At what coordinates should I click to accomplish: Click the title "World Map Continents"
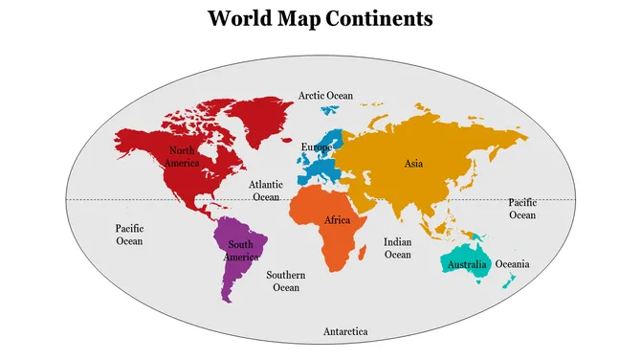tap(320, 18)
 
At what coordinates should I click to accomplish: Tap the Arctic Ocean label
tap(325, 96)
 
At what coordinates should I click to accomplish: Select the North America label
tap(182, 156)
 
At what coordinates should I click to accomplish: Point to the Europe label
tap(317, 146)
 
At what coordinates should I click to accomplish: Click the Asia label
tap(413, 164)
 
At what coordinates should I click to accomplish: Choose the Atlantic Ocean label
tap(266, 190)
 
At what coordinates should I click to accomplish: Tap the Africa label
tap(337, 220)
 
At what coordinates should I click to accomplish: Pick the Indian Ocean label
tap(397, 248)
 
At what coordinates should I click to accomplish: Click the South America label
tap(241, 251)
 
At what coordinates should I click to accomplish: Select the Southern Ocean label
tap(286, 281)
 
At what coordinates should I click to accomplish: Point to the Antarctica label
tap(344, 331)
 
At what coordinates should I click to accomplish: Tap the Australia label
tap(469, 264)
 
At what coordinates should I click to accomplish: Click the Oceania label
tap(512, 264)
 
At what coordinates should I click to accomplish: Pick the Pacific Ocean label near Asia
tap(522, 209)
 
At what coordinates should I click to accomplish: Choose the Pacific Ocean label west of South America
tap(129, 235)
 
